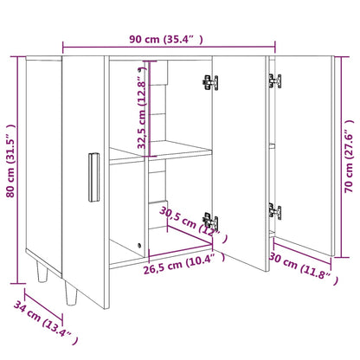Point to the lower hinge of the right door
point(275,210)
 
